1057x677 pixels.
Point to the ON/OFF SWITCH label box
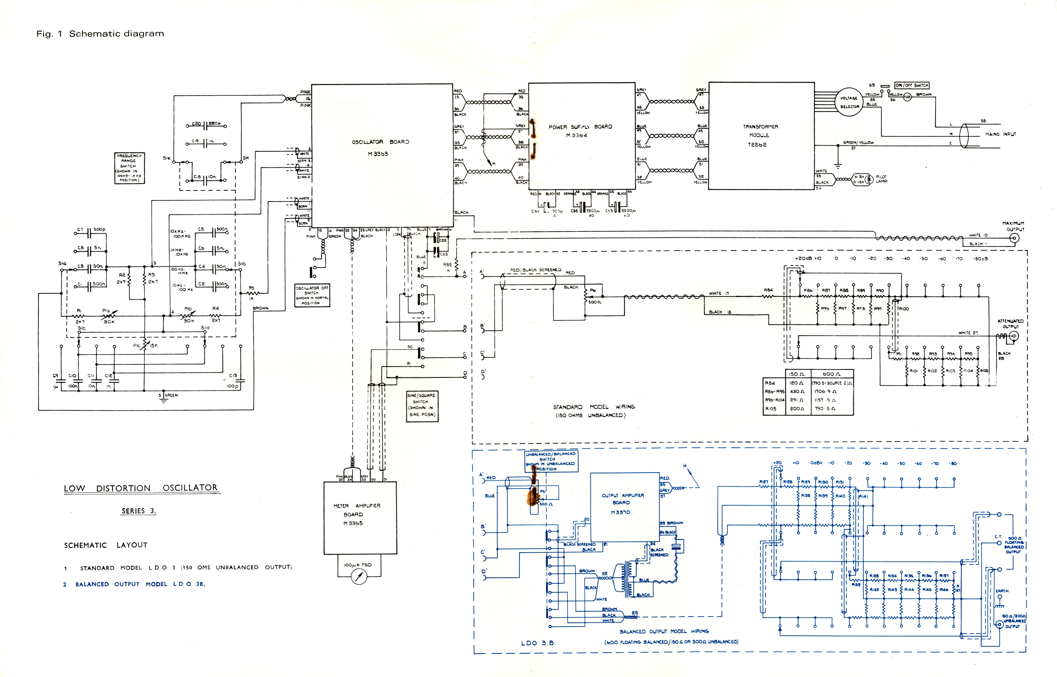(912, 85)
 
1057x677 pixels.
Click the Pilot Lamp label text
(881, 179)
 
